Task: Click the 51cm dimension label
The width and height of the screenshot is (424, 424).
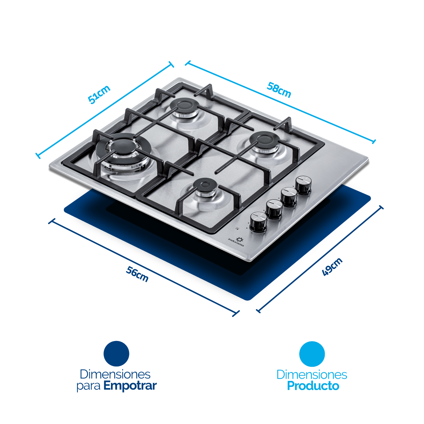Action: pyautogui.click(x=99, y=94)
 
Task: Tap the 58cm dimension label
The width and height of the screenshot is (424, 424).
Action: pyautogui.click(x=279, y=90)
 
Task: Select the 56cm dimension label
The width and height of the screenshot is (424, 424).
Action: pyautogui.click(x=137, y=274)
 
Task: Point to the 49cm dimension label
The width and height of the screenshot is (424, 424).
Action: pyautogui.click(x=332, y=267)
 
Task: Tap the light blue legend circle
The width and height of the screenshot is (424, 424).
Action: pyautogui.click(x=312, y=354)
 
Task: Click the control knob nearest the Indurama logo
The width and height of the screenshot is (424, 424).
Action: pyautogui.click(x=259, y=222)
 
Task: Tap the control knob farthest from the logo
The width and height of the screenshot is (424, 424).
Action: pyautogui.click(x=304, y=185)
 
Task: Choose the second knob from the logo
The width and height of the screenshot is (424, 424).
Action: pyautogui.click(x=274, y=209)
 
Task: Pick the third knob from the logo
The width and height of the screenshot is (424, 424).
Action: pyautogui.click(x=289, y=197)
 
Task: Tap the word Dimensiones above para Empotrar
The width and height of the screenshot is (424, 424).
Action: pyautogui.click(x=115, y=374)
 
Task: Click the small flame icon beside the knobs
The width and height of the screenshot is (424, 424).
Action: pyautogui.click(x=237, y=228)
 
